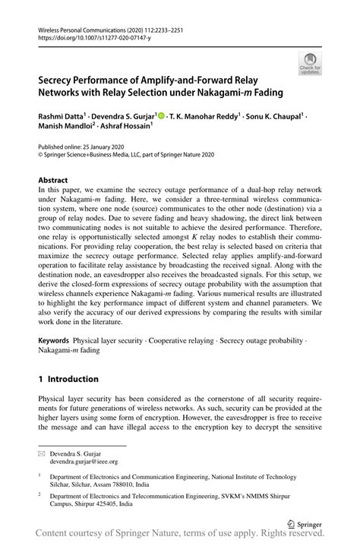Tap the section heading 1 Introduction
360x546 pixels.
point(68,378)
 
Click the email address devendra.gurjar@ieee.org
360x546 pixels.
point(84,460)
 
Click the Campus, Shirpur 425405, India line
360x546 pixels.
point(97,503)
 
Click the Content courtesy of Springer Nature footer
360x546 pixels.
point(180,538)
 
